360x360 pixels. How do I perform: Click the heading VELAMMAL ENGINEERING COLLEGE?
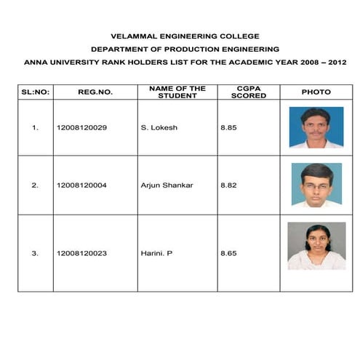click(x=184, y=36)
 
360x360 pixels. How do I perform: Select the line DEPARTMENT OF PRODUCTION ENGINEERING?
click(x=184, y=49)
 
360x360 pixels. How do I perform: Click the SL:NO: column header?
click(x=35, y=92)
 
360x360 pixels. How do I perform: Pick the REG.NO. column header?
click(x=95, y=92)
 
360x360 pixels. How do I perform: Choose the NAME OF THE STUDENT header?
click(x=177, y=92)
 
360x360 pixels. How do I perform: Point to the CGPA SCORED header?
click(x=248, y=92)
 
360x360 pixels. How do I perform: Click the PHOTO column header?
click(x=316, y=92)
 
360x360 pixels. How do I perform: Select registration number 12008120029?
click(x=81, y=128)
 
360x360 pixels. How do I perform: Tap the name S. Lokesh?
click(x=159, y=128)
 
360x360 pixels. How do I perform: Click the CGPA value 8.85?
click(x=228, y=128)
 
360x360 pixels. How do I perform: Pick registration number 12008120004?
click(x=81, y=185)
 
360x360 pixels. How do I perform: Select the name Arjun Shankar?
click(x=167, y=185)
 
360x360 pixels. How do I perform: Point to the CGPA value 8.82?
click(x=228, y=185)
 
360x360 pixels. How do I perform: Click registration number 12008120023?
click(x=81, y=253)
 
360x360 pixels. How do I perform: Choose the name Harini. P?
click(x=156, y=253)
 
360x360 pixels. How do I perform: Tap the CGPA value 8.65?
click(x=228, y=253)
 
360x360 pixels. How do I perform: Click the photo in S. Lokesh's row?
click(x=316, y=127)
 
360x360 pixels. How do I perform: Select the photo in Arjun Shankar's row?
click(x=316, y=185)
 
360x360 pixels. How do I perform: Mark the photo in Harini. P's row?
click(x=316, y=246)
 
